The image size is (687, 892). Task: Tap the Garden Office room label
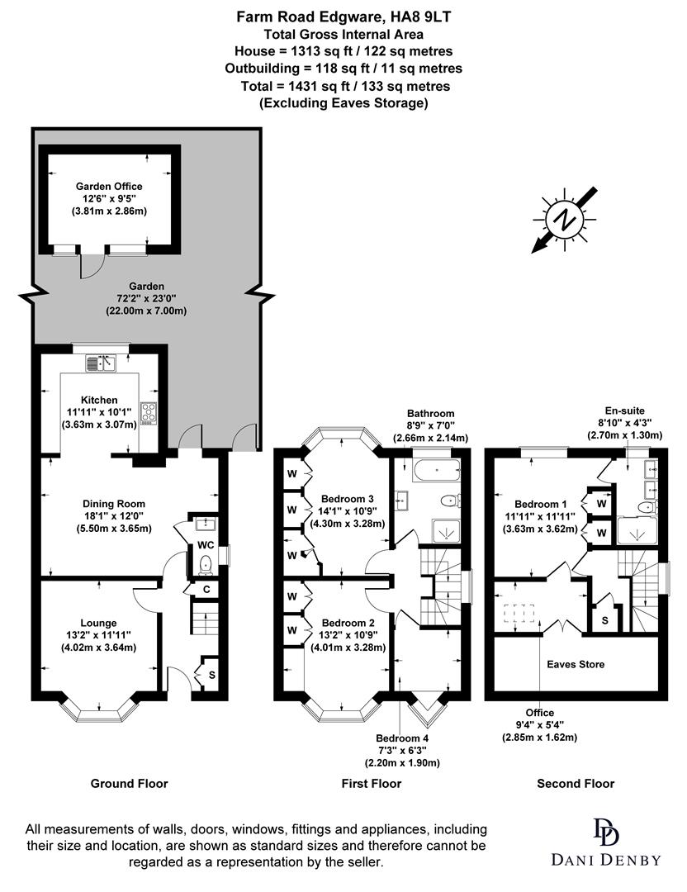coord(109,186)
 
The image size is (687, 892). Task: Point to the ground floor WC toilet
coord(206,563)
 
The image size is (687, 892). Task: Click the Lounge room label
coord(98,622)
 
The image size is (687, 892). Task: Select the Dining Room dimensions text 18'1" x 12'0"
coord(113,516)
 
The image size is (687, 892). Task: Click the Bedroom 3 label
coord(348,498)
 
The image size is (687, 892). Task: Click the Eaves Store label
coord(576,663)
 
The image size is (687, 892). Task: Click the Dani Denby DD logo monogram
coord(605,833)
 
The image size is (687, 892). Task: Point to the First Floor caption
coord(372,783)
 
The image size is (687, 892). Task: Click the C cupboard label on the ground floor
coord(205,590)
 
